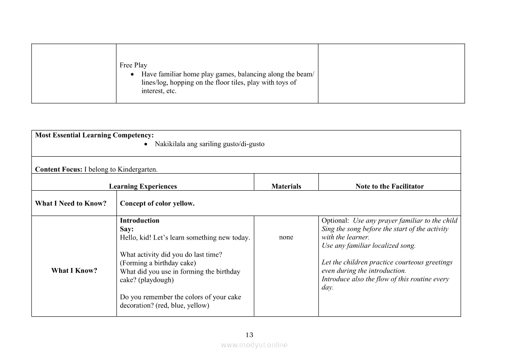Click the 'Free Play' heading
[x=133, y=65]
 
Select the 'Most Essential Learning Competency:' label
[x=94, y=135]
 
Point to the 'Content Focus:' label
[x=58, y=169]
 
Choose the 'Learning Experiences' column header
[x=143, y=186]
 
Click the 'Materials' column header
[x=286, y=186]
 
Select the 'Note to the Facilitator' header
[x=389, y=186]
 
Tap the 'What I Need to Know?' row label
[x=71, y=203]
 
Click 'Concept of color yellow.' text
[x=157, y=203]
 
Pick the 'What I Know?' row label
[x=74, y=271]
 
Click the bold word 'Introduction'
[x=140, y=220]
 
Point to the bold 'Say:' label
[x=126, y=229]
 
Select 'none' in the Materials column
[x=286, y=237]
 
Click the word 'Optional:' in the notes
[x=335, y=220]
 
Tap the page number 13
[x=249, y=335]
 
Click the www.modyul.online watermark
[x=254, y=345]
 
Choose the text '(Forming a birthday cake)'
[x=158, y=263]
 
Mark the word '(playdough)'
[x=156, y=280]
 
